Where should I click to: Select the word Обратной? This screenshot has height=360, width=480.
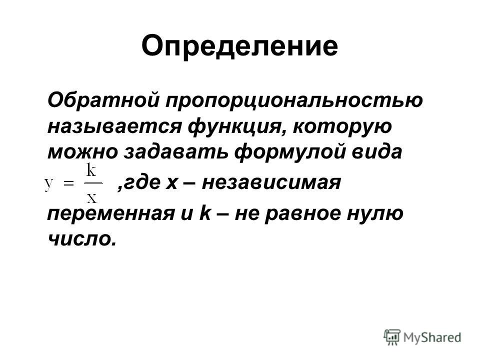[x=103, y=99]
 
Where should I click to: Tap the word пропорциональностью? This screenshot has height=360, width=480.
[x=294, y=100]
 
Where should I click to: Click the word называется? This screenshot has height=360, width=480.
[x=114, y=126]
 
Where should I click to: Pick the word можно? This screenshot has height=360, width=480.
[x=82, y=151]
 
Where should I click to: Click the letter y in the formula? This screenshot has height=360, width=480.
[x=49, y=184]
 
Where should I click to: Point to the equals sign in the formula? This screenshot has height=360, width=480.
[x=68, y=183]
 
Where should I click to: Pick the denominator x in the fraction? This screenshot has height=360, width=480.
[x=91, y=198]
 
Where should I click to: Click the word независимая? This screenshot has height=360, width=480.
[x=271, y=183]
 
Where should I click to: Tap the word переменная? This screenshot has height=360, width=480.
[x=110, y=213]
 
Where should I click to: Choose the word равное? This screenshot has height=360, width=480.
[x=302, y=213]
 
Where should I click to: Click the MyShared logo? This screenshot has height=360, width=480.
[x=422, y=337]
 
